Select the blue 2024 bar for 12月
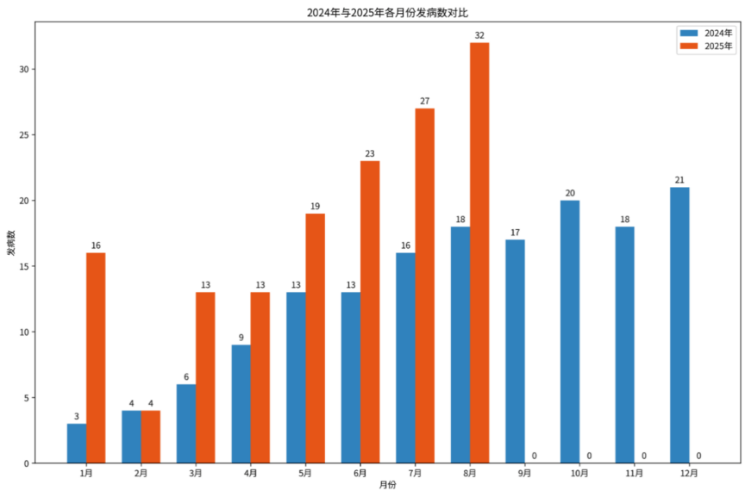point(679,325)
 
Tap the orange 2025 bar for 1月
point(96,357)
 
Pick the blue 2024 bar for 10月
point(570,332)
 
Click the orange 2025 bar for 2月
point(151,437)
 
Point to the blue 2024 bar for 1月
point(77,443)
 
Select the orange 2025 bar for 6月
point(370,312)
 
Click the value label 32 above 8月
point(479,35)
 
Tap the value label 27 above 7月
point(424,101)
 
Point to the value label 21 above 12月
point(679,180)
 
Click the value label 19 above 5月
point(315,206)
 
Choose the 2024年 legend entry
point(708,33)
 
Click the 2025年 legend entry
point(708,47)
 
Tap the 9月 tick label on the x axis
point(525,473)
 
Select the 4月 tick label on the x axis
point(251,473)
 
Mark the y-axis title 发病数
point(11,244)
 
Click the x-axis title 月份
point(388,486)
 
